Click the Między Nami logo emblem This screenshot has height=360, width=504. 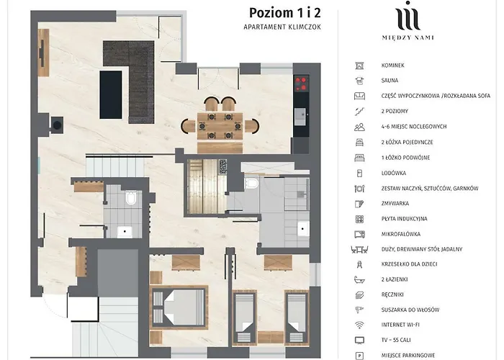[x=409, y=16]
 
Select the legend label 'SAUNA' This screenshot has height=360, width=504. [x=390, y=81]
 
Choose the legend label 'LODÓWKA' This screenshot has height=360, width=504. [x=395, y=173]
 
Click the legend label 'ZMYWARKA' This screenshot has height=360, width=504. [x=395, y=204]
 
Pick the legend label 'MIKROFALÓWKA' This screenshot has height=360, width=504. [x=401, y=234]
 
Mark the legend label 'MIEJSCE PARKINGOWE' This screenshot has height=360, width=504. [x=408, y=355]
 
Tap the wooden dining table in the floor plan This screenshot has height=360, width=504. [x=217, y=124]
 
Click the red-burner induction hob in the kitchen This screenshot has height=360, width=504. [x=301, y=83]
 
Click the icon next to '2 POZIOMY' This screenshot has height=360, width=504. [x=359, y=112]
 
